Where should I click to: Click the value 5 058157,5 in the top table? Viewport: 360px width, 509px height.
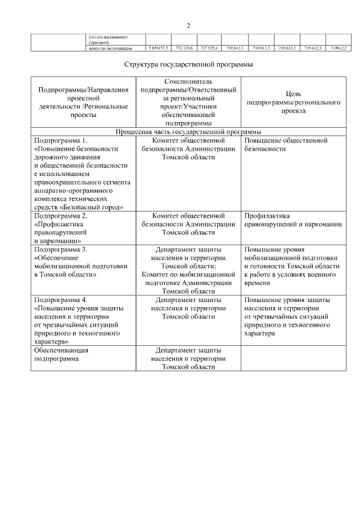[x=158, y=48]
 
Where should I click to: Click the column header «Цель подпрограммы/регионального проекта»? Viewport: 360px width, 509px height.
[x=294, y=103]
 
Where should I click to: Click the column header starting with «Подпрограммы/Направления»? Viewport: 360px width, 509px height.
[x=83, y=102]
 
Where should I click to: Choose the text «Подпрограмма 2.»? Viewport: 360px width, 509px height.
[x=61, y=215]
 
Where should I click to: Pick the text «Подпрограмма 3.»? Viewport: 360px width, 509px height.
[x=61, y=249]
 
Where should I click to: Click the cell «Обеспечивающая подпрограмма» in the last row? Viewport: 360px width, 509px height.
[x=61, y=354]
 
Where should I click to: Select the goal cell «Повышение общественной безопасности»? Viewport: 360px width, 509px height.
[x=286, y=145]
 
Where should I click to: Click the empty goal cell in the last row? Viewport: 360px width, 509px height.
[x=294, y=358]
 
